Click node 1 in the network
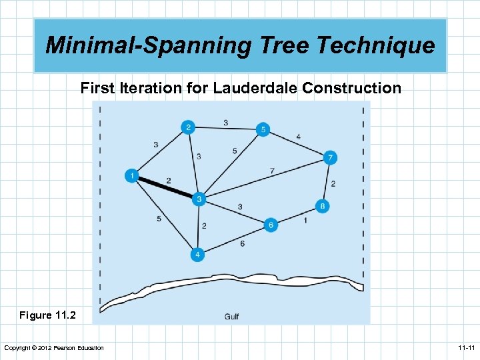point(131,176)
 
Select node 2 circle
point(189,127)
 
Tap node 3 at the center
point(199,199)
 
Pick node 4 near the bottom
point(197,254)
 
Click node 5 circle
point(263,129)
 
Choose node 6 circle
point(271,225)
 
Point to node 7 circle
point(330,158)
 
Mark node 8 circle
point(323,206)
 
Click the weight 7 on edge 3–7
point(272,171)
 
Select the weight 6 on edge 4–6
point(242,244)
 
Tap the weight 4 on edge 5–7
point(298,137)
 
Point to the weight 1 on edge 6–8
point(305,220)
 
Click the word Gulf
point(231,316)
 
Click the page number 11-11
point(465,348)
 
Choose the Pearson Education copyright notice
point(54,348)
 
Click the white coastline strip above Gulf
point(233,287)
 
